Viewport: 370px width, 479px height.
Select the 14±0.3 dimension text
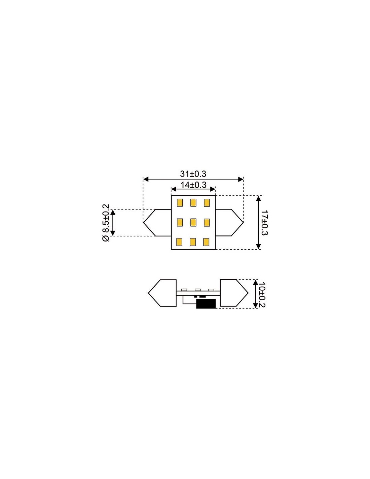(x=193, y=185)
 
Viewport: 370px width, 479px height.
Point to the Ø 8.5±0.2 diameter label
(x=106, y=223)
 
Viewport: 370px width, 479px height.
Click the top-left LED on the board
(x=180, y=202)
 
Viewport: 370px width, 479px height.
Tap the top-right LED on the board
(x=207, y=202)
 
